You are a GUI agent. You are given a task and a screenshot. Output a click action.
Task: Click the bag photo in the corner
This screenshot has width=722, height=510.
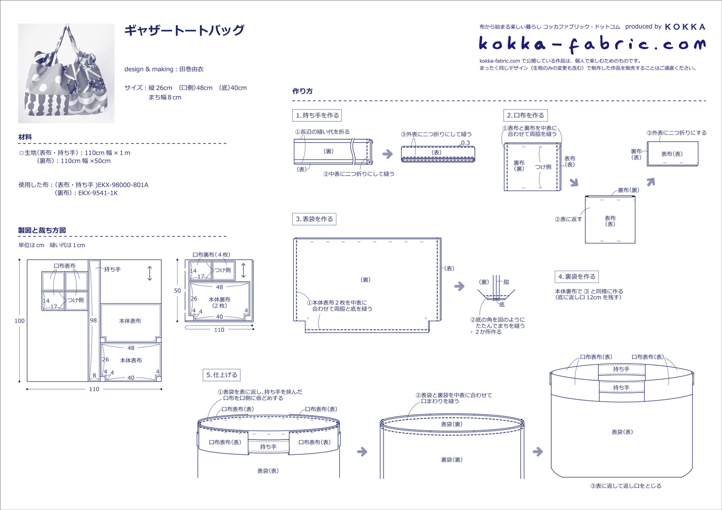pyautogui.click(x=66, y=73)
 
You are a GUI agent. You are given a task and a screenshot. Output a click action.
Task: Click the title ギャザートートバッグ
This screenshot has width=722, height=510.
pyautogui.click(x=184, y=30)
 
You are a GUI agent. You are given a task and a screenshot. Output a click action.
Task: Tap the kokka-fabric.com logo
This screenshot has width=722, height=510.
pyautogui.click(x=592, y=44)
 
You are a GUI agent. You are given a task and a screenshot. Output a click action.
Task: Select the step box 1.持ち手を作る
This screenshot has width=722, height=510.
pyautogui.click(x=318, y=115)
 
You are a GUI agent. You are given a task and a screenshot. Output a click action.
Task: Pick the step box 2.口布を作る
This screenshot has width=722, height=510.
pyautogui.click(x=525, y=115)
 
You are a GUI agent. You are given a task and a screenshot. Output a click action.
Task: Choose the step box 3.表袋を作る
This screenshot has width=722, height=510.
pyautogui.click(x=314, y=219)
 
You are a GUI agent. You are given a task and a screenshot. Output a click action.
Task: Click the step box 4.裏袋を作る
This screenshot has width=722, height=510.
pyautogui.click(x=577, y=277)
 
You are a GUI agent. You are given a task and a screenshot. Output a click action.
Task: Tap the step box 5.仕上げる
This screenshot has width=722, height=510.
pyautogui.click(x=222, y=375)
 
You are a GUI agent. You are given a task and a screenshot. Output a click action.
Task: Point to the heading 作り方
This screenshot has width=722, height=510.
pyautogui.click(x=302, y=91)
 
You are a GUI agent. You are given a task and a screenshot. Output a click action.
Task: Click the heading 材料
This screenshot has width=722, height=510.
pyautogui.click(x=25, y=137)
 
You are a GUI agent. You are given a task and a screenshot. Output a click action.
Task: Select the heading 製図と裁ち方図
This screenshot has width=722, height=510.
pyautogui.click(x=42, y=230)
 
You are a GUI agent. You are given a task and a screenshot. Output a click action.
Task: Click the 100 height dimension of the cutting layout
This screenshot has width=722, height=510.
pyautogui.click(x=20, y=321)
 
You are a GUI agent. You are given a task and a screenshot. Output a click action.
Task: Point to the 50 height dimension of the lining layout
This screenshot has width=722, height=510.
pyautogui.click(x=178, y=291)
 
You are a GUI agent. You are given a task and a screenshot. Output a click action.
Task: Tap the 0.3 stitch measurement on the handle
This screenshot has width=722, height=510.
pyautogui.click(x=465, y=143)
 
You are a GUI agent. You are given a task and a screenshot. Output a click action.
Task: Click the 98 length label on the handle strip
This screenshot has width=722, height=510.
pyautogui.click(x=93, y=320)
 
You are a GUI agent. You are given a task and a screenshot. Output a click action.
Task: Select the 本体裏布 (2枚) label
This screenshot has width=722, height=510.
pyautogui.click(x=220, y=303)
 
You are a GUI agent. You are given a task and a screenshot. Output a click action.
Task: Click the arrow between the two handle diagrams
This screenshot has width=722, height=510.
pyautogui.click(x=387, y=154)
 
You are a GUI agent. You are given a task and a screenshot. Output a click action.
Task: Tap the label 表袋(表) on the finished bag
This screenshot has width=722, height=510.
pyautogui.click(x=622, y=432)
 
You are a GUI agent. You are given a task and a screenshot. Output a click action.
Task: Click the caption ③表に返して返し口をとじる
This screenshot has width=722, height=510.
pyautogui.click(x=626, y=486)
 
